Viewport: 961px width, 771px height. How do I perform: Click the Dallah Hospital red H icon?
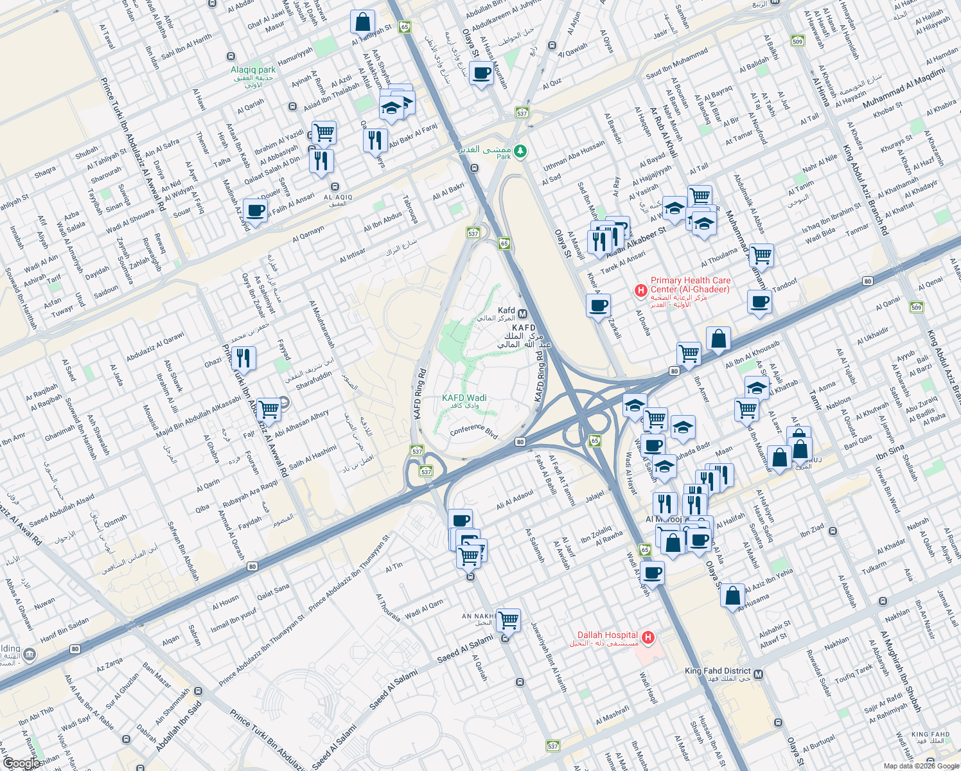pos(648,637)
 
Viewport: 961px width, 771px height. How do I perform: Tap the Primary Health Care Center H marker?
pos(640,291)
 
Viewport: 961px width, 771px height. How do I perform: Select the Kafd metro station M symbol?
pos(522,314)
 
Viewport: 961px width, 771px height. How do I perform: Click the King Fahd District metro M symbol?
pos(759,674)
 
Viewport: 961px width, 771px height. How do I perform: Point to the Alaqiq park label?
pos(253,70)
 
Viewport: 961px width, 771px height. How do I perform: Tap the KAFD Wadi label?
pos(464,398)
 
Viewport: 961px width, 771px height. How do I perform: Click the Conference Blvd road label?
pos(474,431)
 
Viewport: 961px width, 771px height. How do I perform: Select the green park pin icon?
pos(520,152)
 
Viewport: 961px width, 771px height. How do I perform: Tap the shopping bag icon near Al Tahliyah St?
pos(362,22)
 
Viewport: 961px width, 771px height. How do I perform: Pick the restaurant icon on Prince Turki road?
pos(243,358)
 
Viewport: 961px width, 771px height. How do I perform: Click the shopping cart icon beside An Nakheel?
pos(508,620)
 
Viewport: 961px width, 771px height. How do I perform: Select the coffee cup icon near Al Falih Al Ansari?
pos(255,211)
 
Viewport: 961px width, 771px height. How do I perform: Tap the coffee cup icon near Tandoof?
pos(759,302)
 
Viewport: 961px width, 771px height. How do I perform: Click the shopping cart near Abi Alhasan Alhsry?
pos(269,409)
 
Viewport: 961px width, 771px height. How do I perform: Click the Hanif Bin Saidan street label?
pos(65,630)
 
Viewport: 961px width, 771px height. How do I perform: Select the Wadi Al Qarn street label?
pos(424,608)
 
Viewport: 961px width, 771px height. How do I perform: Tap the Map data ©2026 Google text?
pos(921,766)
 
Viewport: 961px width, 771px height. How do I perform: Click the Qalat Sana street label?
pos(273,592)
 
